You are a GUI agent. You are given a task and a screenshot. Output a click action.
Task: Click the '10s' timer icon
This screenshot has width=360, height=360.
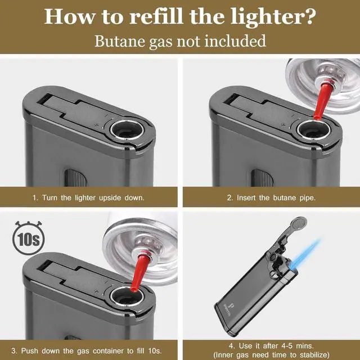(27, 241)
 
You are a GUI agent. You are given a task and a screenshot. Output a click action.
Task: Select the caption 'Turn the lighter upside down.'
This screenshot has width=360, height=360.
(88, 198)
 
